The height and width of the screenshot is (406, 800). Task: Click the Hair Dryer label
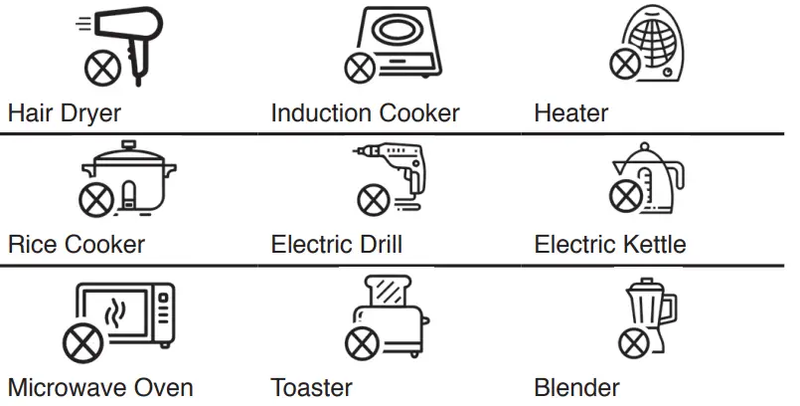(65, 112)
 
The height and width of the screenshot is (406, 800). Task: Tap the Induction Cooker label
(365, 112)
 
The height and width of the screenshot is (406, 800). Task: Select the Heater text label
(570, 112)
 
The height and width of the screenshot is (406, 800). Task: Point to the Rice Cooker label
(76, 244)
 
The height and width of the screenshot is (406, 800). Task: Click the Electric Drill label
(336, 244)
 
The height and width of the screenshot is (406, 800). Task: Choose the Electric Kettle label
(609, 244)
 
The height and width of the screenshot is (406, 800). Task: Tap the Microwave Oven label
(100, 387)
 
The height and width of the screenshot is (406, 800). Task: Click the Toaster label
(311, 387)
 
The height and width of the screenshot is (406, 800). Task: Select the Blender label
(576, 387)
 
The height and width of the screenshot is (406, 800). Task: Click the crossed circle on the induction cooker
(360, 68)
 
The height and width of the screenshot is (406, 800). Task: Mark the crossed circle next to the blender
(632, 345)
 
